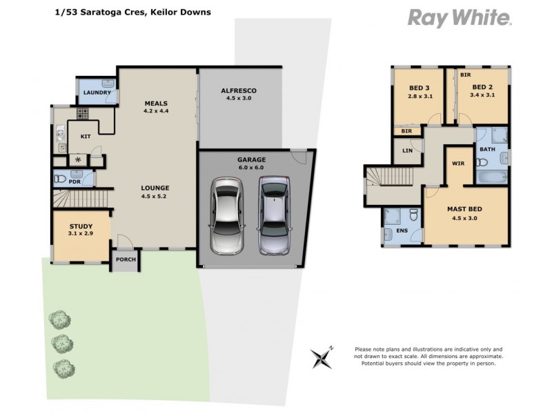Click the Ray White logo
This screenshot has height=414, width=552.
460,18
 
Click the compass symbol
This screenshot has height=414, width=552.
322,357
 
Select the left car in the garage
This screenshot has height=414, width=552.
227,216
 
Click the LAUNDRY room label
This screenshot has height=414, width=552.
97,92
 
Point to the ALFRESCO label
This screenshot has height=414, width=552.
239,90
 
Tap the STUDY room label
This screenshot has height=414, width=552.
80,226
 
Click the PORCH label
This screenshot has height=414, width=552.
126,259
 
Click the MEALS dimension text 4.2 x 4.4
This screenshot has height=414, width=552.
156,111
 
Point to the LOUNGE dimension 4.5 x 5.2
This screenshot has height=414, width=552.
155,196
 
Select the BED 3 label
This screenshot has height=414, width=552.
419,88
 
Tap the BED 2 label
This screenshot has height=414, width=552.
482,88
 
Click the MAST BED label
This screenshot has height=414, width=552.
464,209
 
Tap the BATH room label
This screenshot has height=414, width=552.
487,149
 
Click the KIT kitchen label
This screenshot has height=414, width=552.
86,137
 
